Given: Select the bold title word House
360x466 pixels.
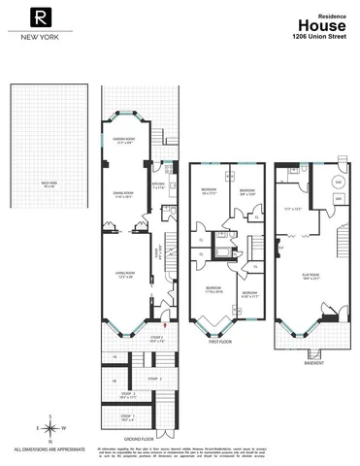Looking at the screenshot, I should coord(317,25).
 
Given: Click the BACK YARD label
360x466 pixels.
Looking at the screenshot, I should coord(49,182).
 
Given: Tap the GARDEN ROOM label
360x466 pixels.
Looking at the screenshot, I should coord(123,141).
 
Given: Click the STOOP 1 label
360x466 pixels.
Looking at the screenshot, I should coord(127,418).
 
